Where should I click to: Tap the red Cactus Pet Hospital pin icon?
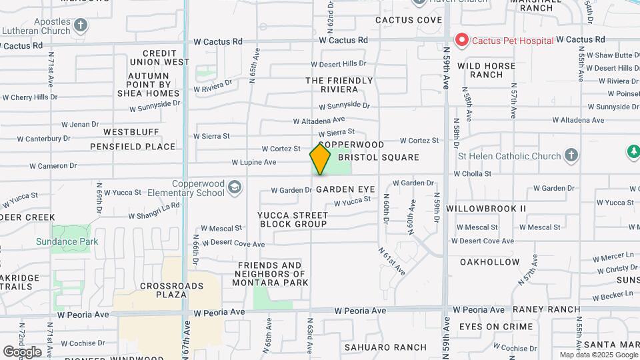pos(461,41)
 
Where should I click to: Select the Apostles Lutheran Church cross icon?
pos(81,26)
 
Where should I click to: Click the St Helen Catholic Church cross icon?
pos(570,157)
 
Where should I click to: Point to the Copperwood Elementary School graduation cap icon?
pos(234,187)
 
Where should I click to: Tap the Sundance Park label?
pos(67,241)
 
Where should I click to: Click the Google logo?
pos(22,351)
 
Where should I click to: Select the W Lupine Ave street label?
pos(253,162)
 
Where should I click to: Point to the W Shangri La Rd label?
pos(155,210)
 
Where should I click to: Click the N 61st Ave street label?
pos(392,261)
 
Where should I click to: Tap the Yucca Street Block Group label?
pos(293,219)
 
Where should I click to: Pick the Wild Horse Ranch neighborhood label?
pos(486,70)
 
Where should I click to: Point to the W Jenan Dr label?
pos(79,124)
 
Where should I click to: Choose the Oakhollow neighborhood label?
pos(489,262)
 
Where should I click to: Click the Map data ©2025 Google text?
pos(598,355)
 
